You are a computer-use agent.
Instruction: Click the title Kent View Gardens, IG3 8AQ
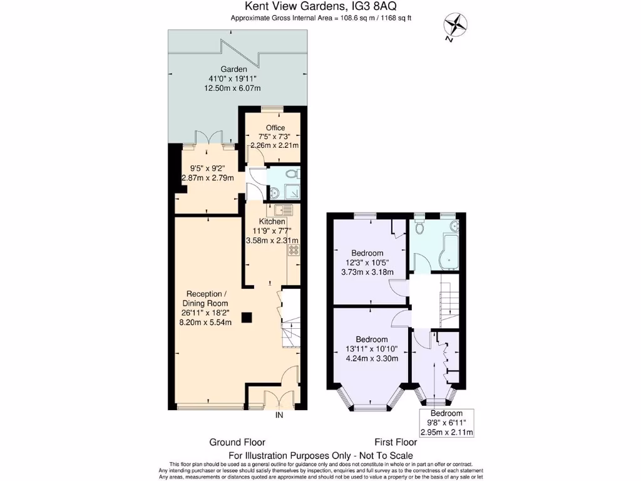320,7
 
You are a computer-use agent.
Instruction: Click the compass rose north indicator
455,26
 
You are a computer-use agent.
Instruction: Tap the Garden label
233,69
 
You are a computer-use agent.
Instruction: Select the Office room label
275,128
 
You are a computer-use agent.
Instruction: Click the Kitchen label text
272,222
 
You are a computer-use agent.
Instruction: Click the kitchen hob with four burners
293,251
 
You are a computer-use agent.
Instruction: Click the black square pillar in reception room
248,318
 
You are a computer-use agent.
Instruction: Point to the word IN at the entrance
279,415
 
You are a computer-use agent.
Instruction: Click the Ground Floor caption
237,442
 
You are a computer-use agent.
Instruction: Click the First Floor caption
396,442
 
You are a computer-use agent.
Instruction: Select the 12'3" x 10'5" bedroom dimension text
367,262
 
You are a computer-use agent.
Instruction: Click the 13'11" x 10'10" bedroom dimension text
372,349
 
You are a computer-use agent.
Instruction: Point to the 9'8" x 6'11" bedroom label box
446,423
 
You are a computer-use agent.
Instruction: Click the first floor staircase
448,303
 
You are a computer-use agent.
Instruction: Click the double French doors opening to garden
206,139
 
